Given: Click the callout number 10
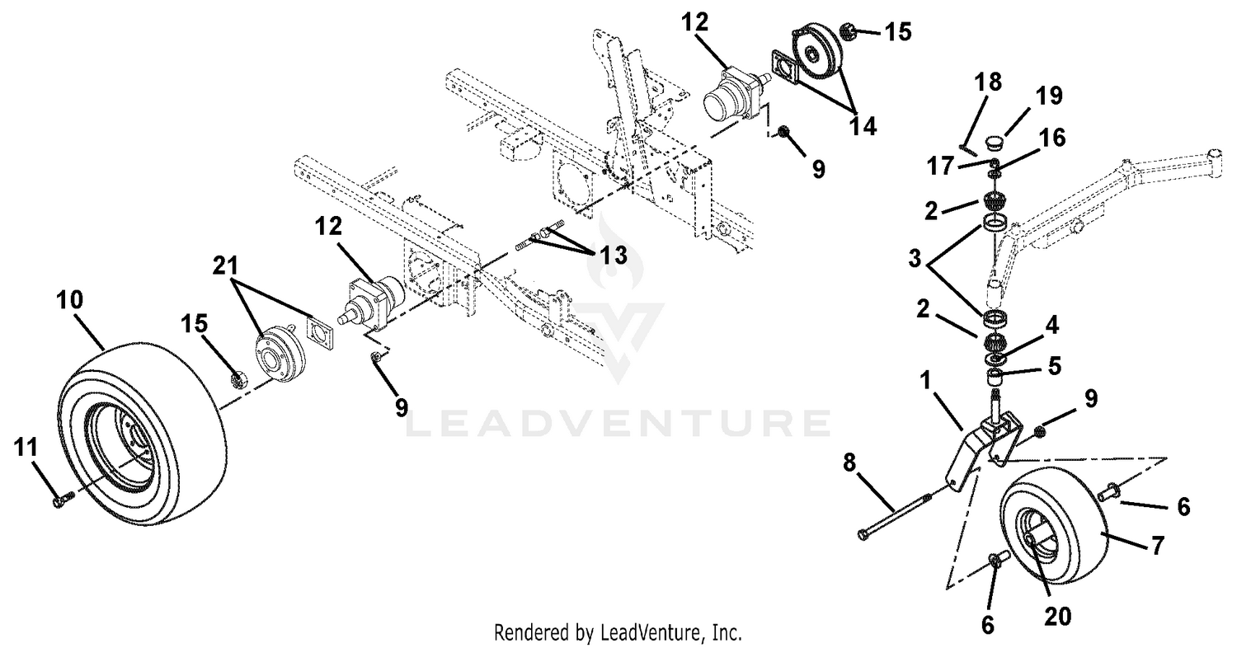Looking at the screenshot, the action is click(x=69, y=300).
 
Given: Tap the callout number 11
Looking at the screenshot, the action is click(x=26, y=447).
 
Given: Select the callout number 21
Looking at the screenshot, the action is click(x=225, y=265).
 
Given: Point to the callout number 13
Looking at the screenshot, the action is click(x=614, y=255).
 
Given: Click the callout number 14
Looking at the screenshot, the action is click(x=863, y=126).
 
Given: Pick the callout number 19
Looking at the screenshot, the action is click(x=1049, y=96).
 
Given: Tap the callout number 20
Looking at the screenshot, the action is click(x=1058, y=617).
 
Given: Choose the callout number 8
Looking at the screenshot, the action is click(x=849, y=463).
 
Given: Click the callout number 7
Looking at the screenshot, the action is click(x=1158, y=545).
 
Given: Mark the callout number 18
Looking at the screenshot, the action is click(x=988, y=82).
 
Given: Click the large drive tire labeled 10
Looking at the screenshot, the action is click(x=143, y=434).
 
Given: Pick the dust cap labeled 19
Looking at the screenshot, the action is click(x=993, y=143).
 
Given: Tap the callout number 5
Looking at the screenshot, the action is click(x=1055, y=366).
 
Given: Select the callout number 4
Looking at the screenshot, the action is click(x=1052, y=325).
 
